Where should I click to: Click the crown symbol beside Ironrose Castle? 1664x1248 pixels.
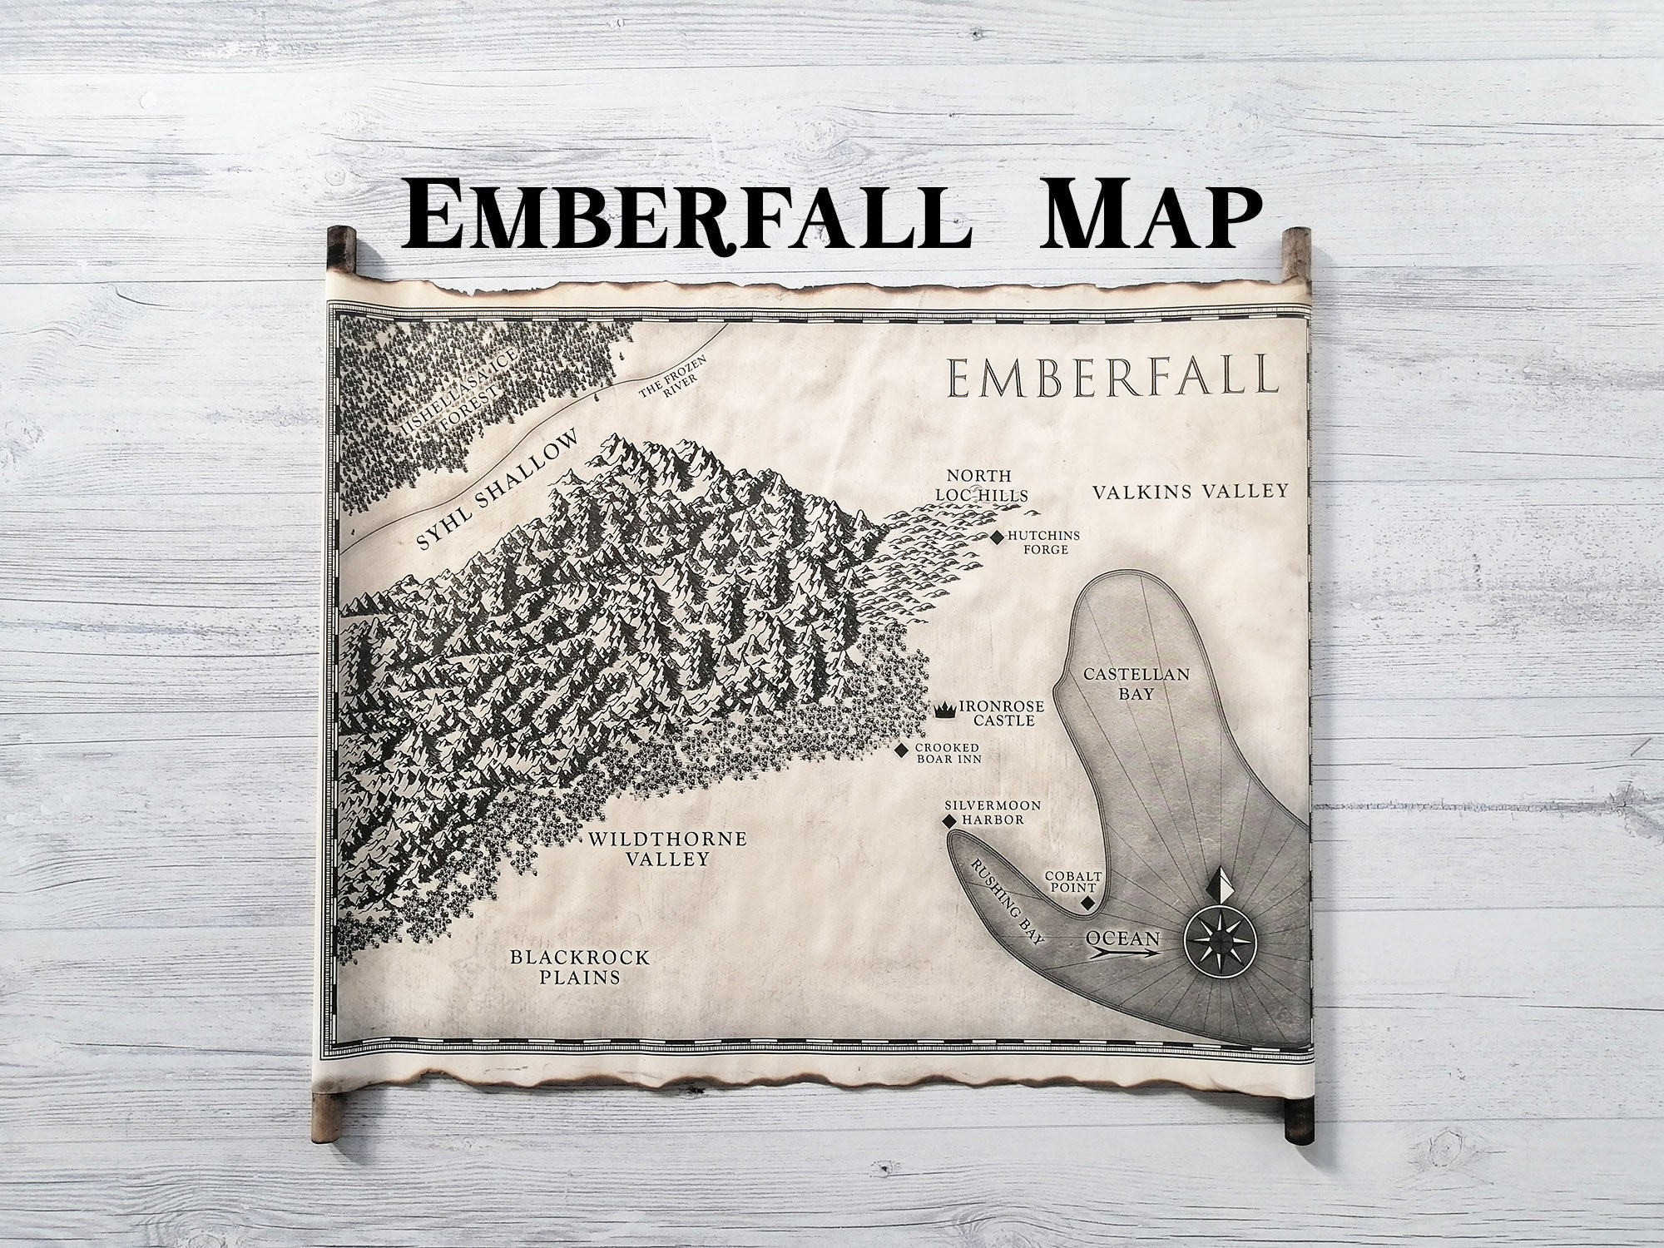945,710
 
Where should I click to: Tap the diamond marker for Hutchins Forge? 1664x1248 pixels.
997,538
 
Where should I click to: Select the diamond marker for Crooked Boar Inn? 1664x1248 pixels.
902,751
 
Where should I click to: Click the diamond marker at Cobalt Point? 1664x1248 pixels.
1087,905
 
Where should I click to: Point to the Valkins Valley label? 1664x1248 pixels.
1190,491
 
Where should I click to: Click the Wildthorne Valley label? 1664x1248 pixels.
667,849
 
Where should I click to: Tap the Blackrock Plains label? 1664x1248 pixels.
579,967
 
